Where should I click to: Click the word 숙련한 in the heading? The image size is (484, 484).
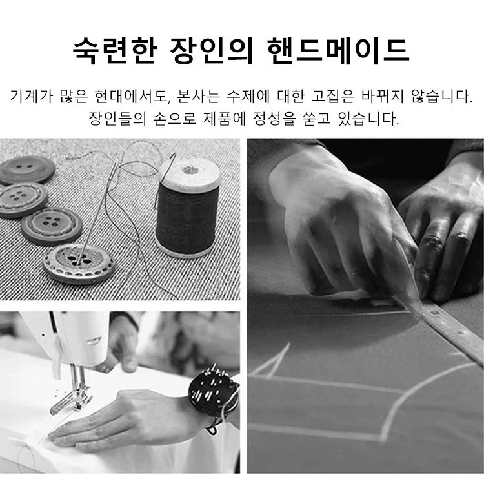point(115,51)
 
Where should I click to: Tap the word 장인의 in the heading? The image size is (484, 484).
point(212,51)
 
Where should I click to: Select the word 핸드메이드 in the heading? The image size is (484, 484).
point(339,51)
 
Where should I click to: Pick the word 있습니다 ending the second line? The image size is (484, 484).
point(369,119)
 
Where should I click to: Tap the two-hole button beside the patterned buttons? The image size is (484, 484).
point(28,169)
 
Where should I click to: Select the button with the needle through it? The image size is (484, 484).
point(79,264)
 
